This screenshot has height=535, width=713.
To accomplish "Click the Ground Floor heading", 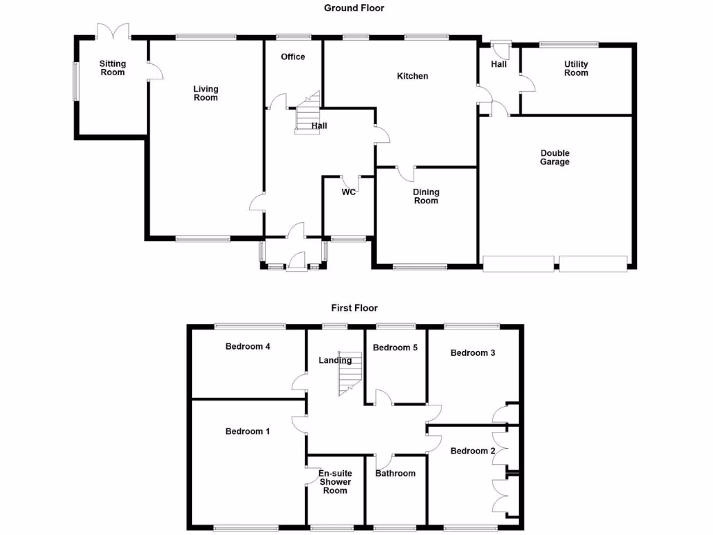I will [x=354, y=8].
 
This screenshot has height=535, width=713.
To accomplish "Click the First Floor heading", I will [x=354, y=307].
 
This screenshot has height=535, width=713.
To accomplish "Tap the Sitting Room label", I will [x=112, y=68].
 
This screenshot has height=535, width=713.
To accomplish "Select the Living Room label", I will [x=205, y=93].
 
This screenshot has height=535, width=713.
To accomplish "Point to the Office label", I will [x=292, y=57].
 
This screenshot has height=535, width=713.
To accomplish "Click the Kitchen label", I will [x=412, y=76].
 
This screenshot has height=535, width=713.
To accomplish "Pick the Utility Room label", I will [x=576, y=68].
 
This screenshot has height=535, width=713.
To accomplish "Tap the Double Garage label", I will [x=554, y=157].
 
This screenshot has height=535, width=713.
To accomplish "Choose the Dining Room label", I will [x=426, y=196].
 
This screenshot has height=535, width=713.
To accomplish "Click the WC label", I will [x=349, y=192].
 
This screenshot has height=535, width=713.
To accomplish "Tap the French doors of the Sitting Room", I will [x=113, y=31].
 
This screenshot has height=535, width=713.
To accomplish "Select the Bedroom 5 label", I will [x=395, y=348].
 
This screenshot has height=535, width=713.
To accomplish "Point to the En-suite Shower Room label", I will [x=335, y=482].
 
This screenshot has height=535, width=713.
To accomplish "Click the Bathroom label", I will [x=395, y=474].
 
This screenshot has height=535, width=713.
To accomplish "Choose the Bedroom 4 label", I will [x=248, y=346].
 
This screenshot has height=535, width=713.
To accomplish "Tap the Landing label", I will [x=335, y=360].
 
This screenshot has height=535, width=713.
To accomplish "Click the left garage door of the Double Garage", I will [x=519, y=263].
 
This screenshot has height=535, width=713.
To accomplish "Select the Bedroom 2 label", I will [x=473, y=451].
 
